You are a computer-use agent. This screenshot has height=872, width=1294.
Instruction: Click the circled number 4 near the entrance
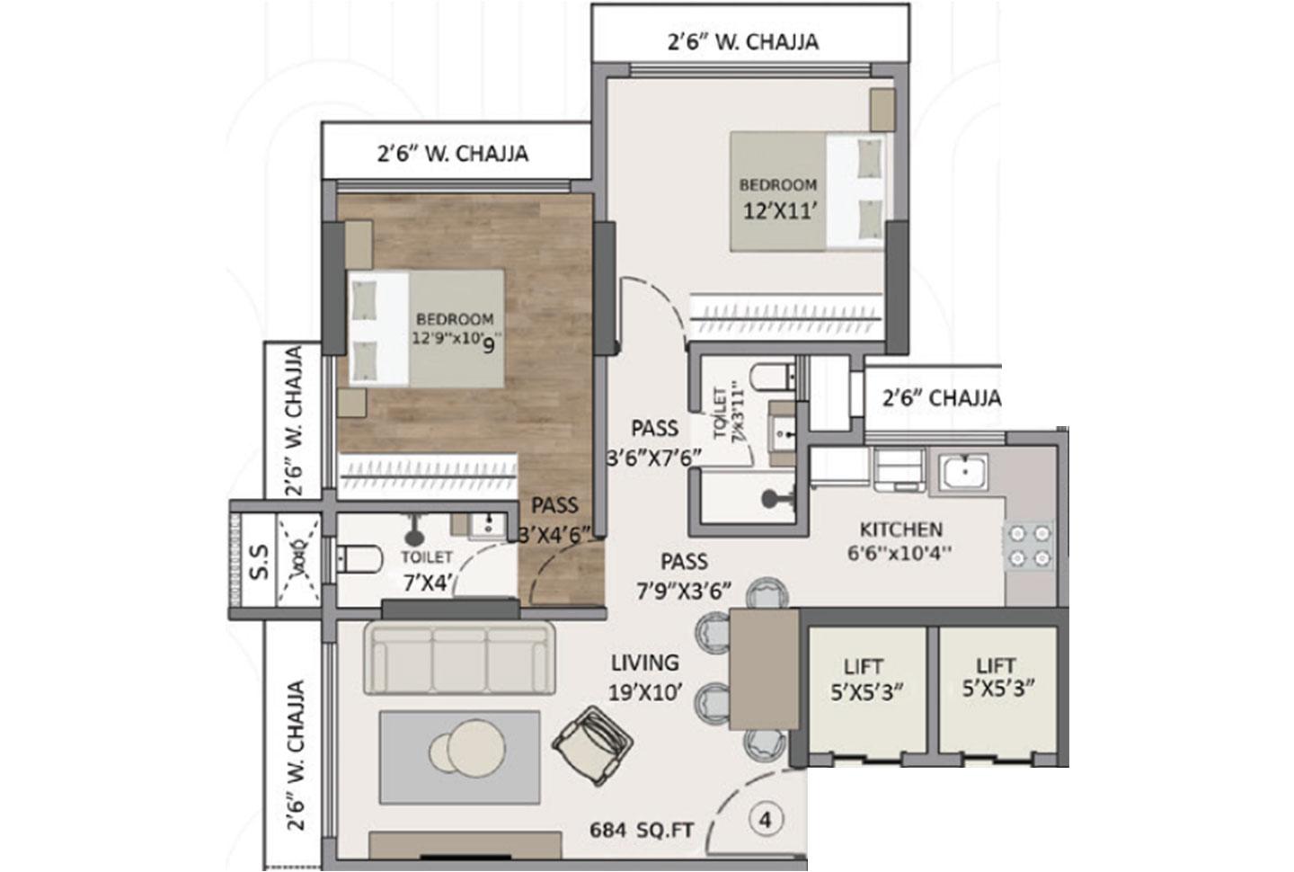coord(765,820)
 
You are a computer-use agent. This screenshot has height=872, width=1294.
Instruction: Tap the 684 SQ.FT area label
coord(642,830)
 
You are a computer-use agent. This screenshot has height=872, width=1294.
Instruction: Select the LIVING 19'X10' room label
coord(644,677)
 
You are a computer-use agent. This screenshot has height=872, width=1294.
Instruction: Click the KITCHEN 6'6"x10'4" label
coord(900,540)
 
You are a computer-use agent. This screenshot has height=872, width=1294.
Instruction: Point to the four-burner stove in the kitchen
coord(1030,546)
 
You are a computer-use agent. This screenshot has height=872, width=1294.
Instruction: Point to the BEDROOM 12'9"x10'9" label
coord(455,329)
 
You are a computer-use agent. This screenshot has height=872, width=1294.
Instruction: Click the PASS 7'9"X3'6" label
coord(684,575)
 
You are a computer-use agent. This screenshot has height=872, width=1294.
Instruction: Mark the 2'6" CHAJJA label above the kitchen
coord(941,397)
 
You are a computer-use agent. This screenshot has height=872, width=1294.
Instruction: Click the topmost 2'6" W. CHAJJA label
coord(742,41)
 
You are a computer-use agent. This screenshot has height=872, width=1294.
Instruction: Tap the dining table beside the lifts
coord(764,669)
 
